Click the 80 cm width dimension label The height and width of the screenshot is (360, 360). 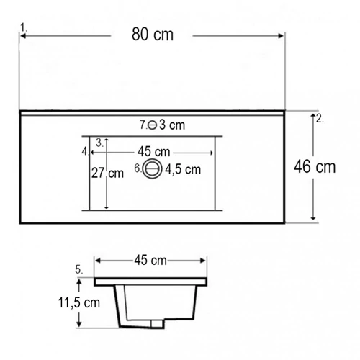153,34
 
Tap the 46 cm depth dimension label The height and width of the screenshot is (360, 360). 315,167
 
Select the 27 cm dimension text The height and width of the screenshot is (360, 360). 107,173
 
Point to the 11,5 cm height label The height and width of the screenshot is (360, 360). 79,302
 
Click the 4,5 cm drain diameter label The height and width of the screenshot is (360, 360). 183,170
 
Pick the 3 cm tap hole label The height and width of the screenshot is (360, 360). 172,125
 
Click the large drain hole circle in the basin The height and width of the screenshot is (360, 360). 152,168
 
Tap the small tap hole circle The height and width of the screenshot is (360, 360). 152,125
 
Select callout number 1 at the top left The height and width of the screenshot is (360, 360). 23,27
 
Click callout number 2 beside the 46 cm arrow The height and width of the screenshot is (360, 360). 320,119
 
